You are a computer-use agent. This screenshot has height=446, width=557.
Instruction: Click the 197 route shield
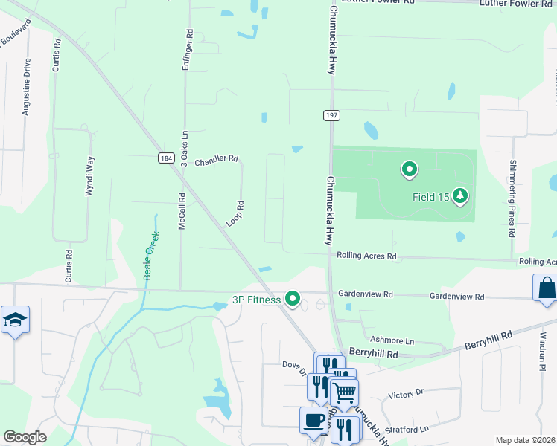click(x=331, y=114)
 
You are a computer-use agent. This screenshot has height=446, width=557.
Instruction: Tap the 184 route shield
click(x=166, y=158)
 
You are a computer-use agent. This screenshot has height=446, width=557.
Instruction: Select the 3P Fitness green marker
click(x=293, y=299)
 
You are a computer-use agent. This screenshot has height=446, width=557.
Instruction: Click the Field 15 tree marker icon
click(x=462, y=195)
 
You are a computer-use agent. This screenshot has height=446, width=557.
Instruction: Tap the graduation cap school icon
click(x=15, y=320)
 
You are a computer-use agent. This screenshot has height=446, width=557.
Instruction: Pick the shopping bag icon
click(x=546, y=288)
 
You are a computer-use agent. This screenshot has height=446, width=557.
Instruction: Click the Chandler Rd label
click(x=216, y=160)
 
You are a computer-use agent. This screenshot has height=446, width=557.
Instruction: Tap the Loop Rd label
click(x=235, y=214)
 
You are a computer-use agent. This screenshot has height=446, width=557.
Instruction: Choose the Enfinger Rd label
click(x=188, y=51)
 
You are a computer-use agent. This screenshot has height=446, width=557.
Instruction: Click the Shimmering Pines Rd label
click(x=513, y=197)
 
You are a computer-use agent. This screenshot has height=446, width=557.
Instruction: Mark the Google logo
click(x=25, y=436)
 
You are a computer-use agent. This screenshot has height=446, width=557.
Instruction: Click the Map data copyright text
click(x=525, y=440)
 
